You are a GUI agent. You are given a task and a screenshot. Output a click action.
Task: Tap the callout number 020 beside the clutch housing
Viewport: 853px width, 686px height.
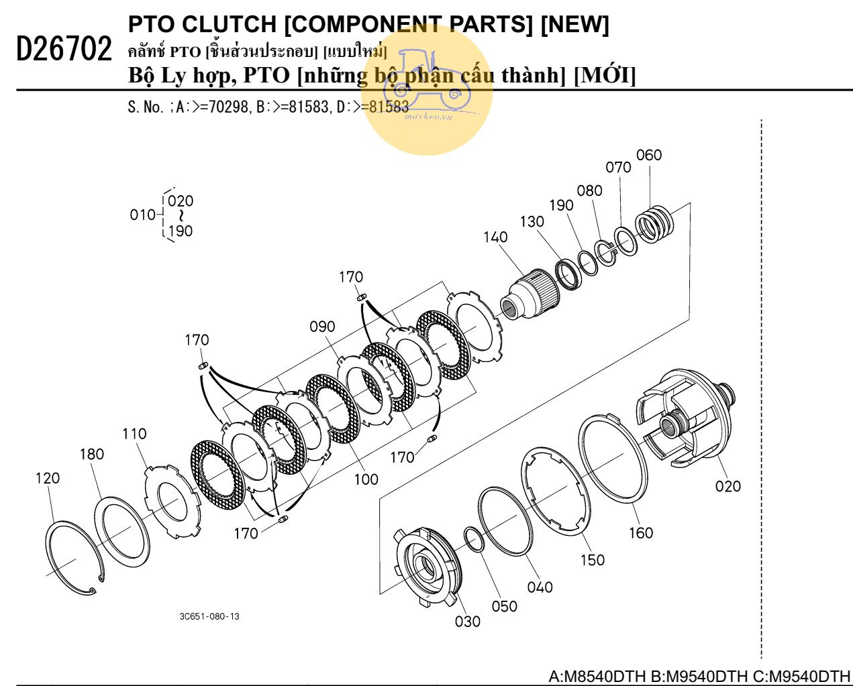coord(727,486)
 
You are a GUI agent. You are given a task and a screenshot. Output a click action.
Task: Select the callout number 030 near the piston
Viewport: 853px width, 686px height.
coord(467,622)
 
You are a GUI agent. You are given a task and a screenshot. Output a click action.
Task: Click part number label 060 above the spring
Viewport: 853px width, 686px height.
coord(649,155)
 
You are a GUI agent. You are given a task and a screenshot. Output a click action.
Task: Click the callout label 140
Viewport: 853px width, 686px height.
coord(495,237)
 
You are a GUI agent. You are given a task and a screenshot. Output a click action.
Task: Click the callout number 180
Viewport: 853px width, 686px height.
coord(92,454)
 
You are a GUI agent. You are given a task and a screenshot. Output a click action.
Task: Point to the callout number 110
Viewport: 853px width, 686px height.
coord(134,434)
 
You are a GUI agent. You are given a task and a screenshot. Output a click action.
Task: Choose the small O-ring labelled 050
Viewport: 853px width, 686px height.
coord(474,540)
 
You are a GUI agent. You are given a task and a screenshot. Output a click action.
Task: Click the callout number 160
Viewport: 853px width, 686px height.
coord(640,532)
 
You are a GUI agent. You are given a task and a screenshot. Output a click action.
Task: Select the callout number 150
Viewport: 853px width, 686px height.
coord(592,560)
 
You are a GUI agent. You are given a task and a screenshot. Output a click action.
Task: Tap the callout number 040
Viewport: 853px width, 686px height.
coord(540,587)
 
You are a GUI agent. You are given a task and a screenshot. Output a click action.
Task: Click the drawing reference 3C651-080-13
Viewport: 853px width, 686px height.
coord(209,616)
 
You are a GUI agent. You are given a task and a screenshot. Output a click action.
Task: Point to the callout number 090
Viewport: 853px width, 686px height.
coord(322,327)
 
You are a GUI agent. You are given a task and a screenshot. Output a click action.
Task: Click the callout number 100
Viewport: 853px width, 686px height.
coord(366,479)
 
